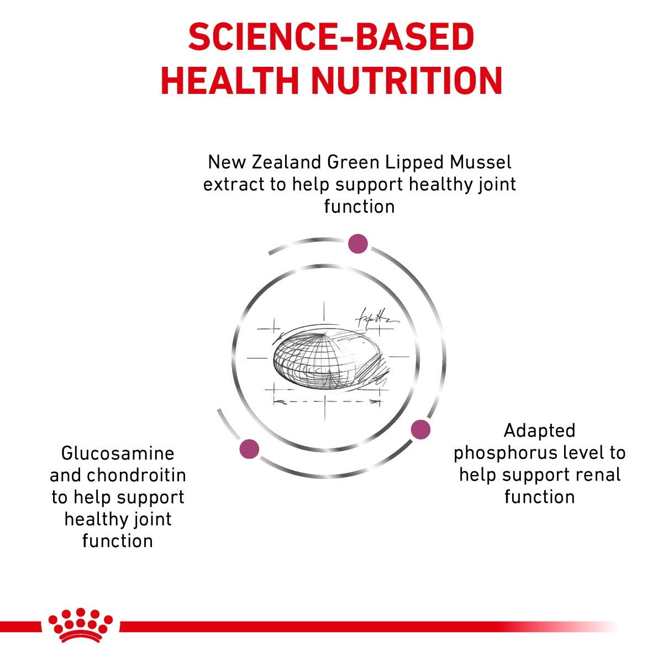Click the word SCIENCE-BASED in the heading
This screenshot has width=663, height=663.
click(331, 38)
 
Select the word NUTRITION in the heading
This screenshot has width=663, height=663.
click(407, 81)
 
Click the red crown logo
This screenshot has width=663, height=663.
click(81, 625)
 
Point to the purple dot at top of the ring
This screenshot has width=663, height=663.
click(358, 243)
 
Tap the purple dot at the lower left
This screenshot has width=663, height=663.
click(249, 449)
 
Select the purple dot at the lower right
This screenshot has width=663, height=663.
click(420, 429)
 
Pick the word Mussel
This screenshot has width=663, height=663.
click(480, 162)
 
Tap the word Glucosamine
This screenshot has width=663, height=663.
click(118, 454)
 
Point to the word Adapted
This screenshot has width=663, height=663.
click(540, 430)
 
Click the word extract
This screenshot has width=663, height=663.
click(234, 184)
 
